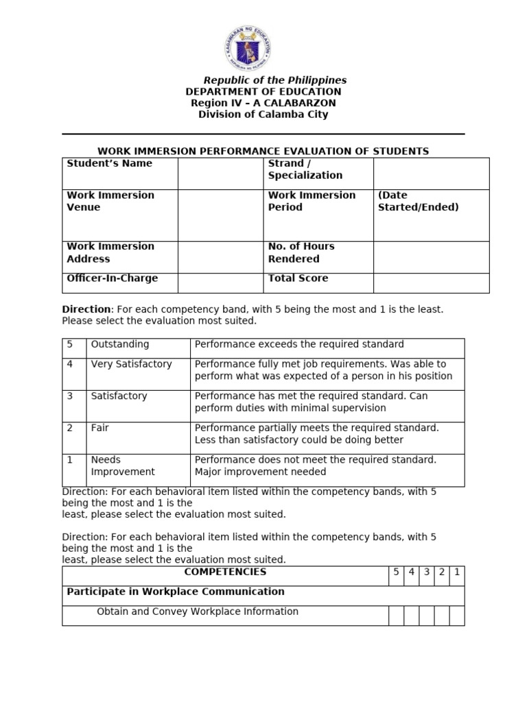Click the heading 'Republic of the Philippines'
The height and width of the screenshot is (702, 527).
click(274, 80)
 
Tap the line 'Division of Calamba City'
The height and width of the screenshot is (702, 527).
click(263, 114)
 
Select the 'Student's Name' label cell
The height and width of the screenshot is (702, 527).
click(110, 164)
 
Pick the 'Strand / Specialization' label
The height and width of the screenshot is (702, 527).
click(305, 169)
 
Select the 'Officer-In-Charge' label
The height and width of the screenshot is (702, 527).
click(112, 278)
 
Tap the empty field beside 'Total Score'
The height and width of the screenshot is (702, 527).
click(431, 282)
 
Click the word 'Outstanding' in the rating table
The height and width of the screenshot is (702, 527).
click(120, 344)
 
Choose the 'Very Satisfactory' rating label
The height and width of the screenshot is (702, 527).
click(131, 364)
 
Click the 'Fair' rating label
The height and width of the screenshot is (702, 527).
click(100, 428)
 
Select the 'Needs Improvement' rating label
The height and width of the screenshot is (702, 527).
click(123, 465)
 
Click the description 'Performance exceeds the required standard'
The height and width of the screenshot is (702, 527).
click(299, 344)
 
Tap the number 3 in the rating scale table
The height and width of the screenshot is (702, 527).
click(70, 396)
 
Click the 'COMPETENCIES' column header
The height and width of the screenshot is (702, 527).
click(225, 572)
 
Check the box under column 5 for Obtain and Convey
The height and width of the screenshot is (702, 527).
click(396, 616)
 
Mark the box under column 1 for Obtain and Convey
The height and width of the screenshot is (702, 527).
click(457, 616)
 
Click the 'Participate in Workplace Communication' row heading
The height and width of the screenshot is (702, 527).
click(176, 592)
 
